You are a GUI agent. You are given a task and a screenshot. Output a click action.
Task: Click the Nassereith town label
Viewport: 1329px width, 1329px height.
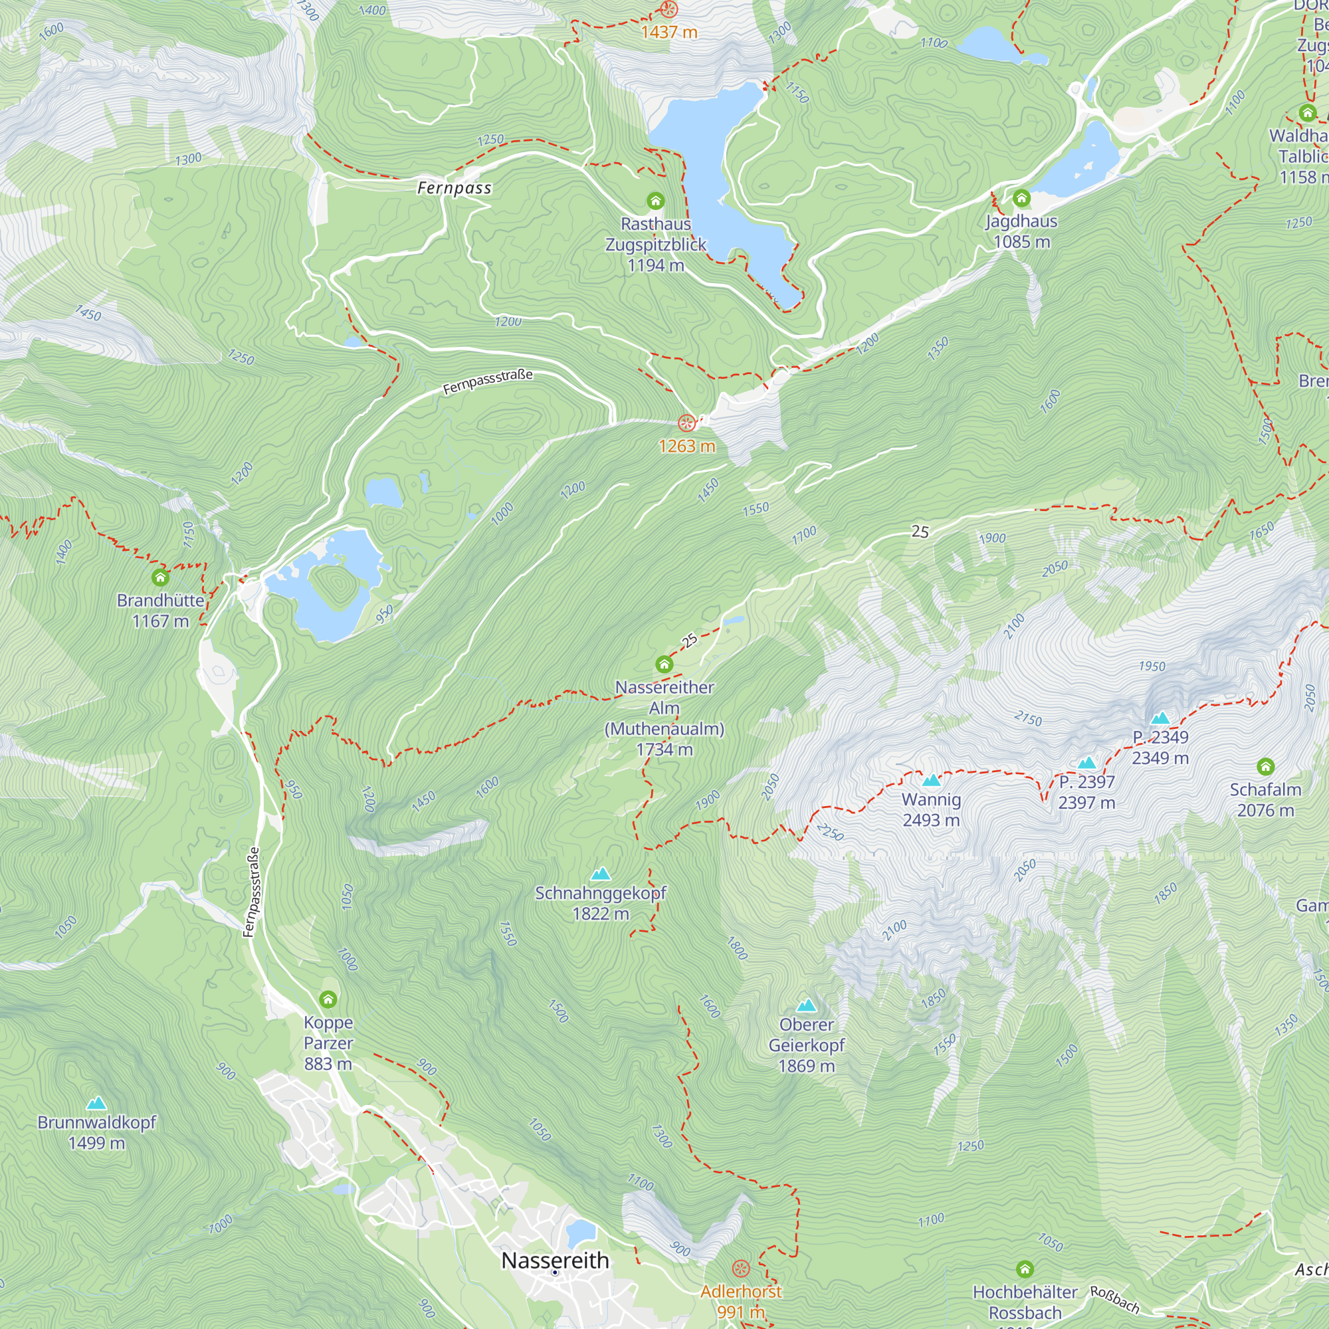(555, 1260)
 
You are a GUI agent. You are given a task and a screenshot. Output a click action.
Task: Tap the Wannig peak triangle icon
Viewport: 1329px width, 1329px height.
(931, 780)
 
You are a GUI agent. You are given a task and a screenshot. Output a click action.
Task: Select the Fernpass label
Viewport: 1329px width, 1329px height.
(454, 188)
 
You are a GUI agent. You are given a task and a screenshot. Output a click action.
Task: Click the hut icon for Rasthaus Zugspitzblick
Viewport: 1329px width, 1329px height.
(656, 201)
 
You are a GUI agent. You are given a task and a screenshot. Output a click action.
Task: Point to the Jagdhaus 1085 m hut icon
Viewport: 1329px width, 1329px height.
(1021, 199)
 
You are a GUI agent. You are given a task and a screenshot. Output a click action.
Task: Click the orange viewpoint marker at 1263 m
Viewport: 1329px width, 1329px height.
(686, 423)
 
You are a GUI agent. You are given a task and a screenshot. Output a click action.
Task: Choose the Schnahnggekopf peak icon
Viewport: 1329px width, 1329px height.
(601, 874)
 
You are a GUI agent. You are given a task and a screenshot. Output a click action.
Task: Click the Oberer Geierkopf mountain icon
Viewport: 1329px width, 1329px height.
(806, 1005)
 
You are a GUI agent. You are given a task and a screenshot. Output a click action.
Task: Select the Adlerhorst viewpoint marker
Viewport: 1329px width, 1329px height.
(741, 1269)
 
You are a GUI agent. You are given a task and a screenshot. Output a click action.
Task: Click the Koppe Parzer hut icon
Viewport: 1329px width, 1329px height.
(328, 999)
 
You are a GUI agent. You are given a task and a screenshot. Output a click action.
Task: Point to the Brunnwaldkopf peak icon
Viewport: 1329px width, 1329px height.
(96, 1103)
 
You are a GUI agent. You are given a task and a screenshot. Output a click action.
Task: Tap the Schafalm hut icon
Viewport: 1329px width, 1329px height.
(1266, 766)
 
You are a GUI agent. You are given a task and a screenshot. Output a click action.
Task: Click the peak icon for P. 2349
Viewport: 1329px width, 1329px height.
(1160, 718)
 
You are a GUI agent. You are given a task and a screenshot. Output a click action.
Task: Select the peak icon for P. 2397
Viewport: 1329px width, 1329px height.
(1087, 762)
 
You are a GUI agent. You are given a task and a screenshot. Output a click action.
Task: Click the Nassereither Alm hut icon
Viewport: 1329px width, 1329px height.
(664, 664)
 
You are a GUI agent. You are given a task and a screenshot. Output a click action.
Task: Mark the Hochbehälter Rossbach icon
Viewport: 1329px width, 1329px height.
(1025, 1269)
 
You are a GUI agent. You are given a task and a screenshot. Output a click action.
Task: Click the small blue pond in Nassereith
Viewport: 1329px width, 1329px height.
(581, 1231)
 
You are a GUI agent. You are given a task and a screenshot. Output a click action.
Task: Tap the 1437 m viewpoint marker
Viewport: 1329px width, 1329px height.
(668, 9)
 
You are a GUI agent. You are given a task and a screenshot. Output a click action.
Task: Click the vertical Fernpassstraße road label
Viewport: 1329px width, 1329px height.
(252, 892)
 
